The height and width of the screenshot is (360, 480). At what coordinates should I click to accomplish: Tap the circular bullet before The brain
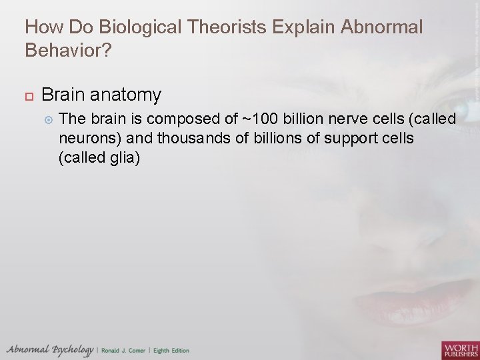(47, 119)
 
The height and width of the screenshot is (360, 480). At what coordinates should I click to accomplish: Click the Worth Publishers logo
(460, 349)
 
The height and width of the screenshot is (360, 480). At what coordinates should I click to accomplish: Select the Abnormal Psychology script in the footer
(49, 350)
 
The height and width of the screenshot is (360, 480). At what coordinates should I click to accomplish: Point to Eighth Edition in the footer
(171, 351)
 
